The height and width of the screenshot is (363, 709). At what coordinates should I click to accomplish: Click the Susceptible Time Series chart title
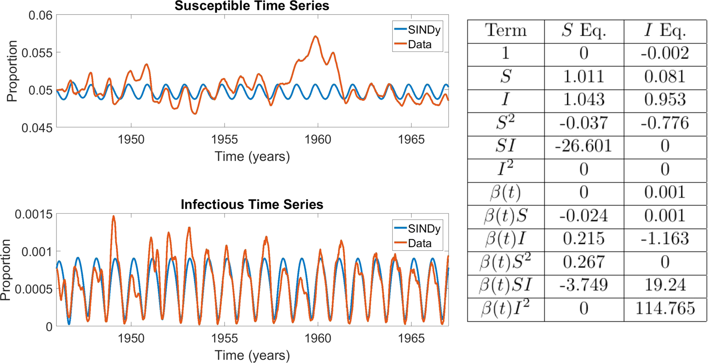pyautogui.click(x=252, y=6)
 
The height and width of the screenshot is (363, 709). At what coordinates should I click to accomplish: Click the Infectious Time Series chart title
pyautogui.click(x=252, y=204)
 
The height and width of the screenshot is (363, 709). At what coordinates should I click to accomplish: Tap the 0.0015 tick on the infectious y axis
pyautogui.click(x=33, y=214)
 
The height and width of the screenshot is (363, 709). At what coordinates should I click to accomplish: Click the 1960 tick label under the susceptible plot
pyautogui.click(x=318, y=140)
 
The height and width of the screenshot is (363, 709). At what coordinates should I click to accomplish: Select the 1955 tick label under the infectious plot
pyautogui.click(x=224, y=338)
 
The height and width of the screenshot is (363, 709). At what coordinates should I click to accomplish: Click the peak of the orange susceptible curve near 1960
pyautogui.click(x=316, y=37)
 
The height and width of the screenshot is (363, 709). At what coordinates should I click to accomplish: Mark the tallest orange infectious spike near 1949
pyautogui.click(x=113, y=216)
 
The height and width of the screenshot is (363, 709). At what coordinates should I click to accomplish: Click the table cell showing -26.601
pyautogui.click(x=584, y=146)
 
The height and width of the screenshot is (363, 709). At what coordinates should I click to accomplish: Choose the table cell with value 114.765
pyautogui.click(x=665, y=309)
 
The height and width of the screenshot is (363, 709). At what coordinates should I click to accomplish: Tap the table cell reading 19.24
pyautogui.click(x=665, y=285)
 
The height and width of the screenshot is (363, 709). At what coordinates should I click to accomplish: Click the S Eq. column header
pyautogui.click(x=584, y=31)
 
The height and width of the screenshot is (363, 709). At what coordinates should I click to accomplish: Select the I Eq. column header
pyautogui.click(x=665, y=31)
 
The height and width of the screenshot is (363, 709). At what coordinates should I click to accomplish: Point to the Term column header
pyautogui.click(x=506, y=31)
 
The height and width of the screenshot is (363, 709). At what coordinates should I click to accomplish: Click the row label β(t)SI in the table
pyautogui.click(x=506, y=285)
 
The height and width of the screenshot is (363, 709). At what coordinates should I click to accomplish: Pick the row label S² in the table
pyautogui.click(x=506, y=123)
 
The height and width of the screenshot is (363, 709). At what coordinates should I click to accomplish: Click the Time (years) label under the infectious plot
pyautogui.click(x=252, y=355)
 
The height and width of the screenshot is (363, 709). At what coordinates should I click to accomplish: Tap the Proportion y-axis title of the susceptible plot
pyautogui.click(x=12, y=71)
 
